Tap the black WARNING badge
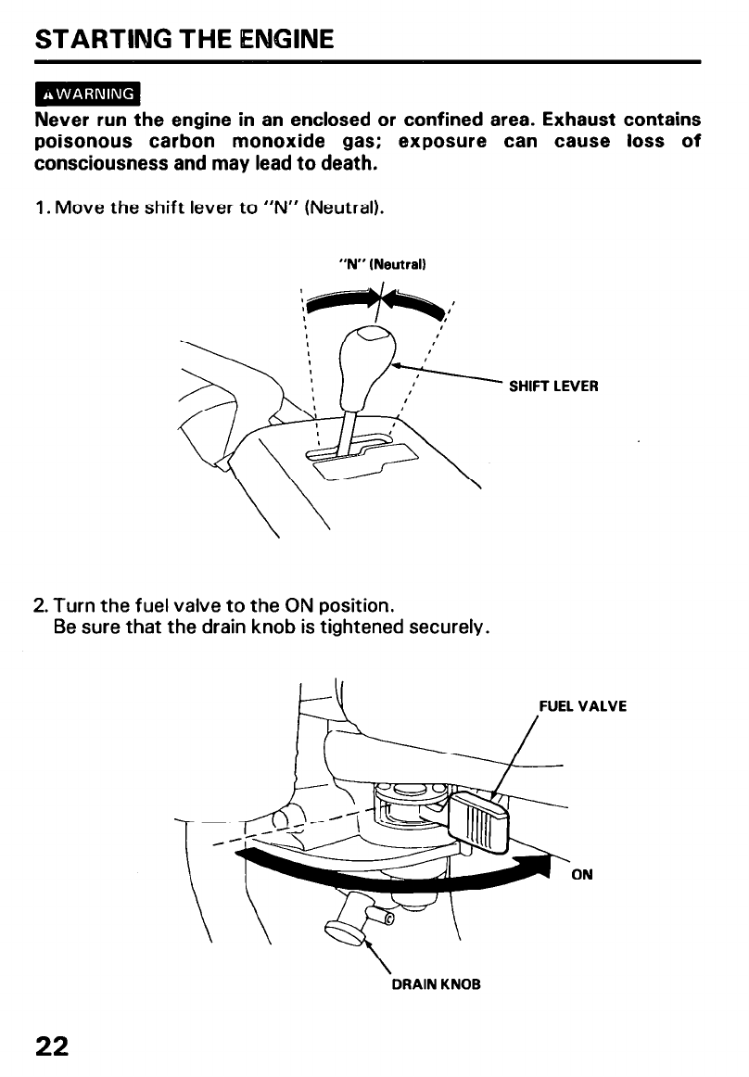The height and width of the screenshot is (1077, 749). [85, 95]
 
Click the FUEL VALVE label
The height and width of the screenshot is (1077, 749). [583, 706]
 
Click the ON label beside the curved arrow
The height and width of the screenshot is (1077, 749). [582, 874]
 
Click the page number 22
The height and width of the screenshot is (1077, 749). [52, 1045]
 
